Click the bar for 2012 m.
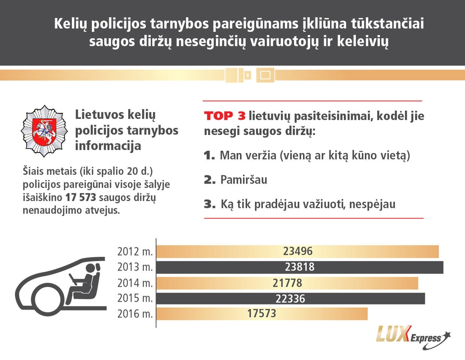(297, 252)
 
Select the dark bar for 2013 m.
(300, 267)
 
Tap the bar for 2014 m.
(287, 283)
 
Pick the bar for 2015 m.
(290, 299)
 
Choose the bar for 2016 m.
(262, 314)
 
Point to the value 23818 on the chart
(300, 267)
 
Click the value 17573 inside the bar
(262, 314)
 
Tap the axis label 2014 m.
(135, 283)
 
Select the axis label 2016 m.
(135, 314)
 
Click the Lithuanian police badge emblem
(44, 131)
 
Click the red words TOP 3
(225, 116)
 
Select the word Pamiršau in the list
(244, 180)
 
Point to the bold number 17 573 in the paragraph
(81, 198)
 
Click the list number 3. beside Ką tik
(210, 204)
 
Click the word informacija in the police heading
(108, 146)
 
